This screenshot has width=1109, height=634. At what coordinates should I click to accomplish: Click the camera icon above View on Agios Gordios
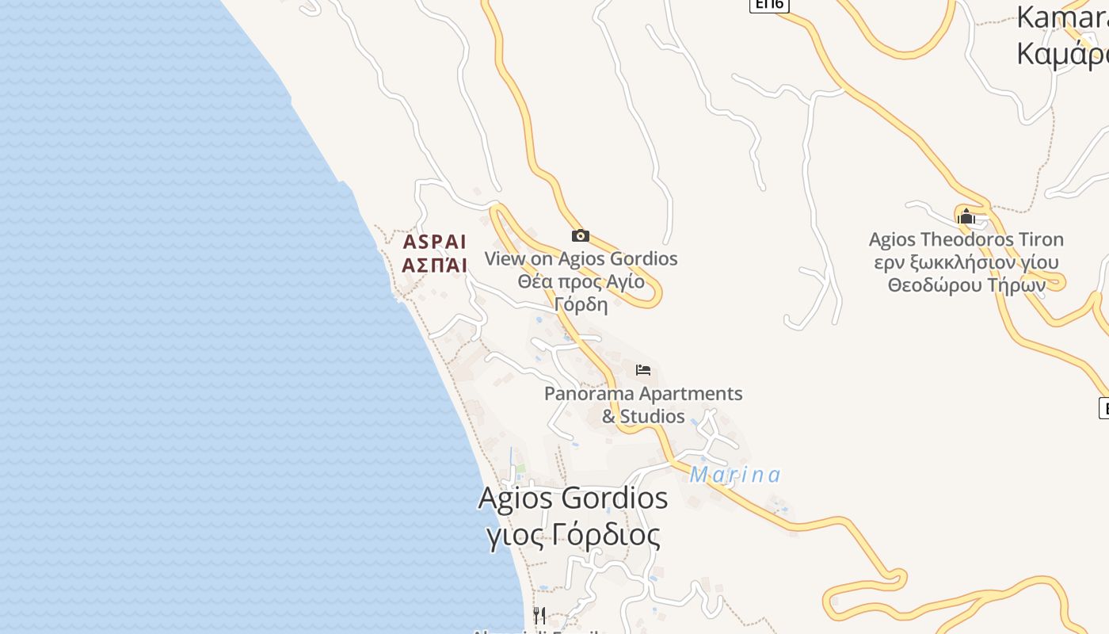(581, 235)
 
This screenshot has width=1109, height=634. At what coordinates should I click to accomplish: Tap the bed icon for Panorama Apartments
(643, 370)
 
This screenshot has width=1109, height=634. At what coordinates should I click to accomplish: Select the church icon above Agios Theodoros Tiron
(966, 216)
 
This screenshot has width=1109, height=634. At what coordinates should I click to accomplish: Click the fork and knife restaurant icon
(539, 615)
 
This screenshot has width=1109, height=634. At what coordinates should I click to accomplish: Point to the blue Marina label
(735, 475)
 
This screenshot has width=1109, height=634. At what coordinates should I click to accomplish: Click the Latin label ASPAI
(434, 242)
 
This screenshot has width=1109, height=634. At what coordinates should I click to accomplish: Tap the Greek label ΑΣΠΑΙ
(434, 265)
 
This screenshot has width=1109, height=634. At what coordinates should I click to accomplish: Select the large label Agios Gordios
(573, 498)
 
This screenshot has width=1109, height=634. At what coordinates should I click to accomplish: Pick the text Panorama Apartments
(643, 393)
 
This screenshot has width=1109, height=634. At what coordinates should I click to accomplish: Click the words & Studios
(643, 416)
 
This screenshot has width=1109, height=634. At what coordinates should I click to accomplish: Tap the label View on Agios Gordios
(581, 258)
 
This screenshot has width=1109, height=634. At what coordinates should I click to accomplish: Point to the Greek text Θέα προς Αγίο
(581, 281)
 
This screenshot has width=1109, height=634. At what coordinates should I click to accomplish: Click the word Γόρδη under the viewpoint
(581, 304)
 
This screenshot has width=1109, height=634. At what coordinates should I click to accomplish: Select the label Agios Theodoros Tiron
(966, 239)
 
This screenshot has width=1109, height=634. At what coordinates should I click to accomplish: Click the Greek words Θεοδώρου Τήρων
(966, 285)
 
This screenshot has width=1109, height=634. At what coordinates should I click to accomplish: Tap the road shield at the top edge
(769, 5)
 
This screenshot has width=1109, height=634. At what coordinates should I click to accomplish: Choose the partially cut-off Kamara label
(1062, 17)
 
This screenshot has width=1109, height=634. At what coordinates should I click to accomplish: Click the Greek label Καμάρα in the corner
(1062, 54)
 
